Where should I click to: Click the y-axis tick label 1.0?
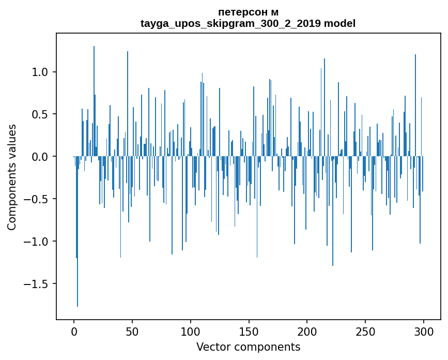(41, 72)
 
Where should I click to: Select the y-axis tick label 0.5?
(41, 114)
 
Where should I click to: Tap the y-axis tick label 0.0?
(41, 157)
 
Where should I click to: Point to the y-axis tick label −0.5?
(37, 199)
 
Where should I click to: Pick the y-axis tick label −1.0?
(37, 242)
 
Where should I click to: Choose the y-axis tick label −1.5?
(37, 284)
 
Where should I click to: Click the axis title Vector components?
(248, 347)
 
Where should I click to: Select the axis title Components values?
(12, 177)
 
